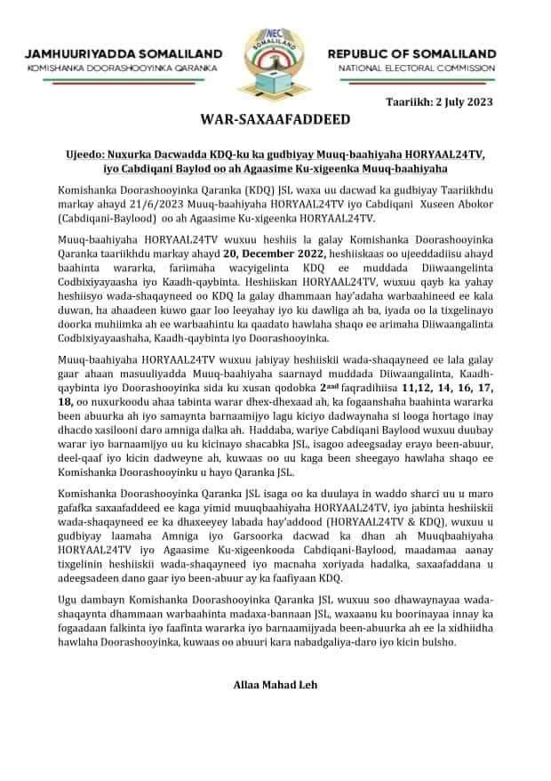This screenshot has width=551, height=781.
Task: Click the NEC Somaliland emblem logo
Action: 275,55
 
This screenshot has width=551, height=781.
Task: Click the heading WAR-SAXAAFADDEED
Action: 275,119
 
